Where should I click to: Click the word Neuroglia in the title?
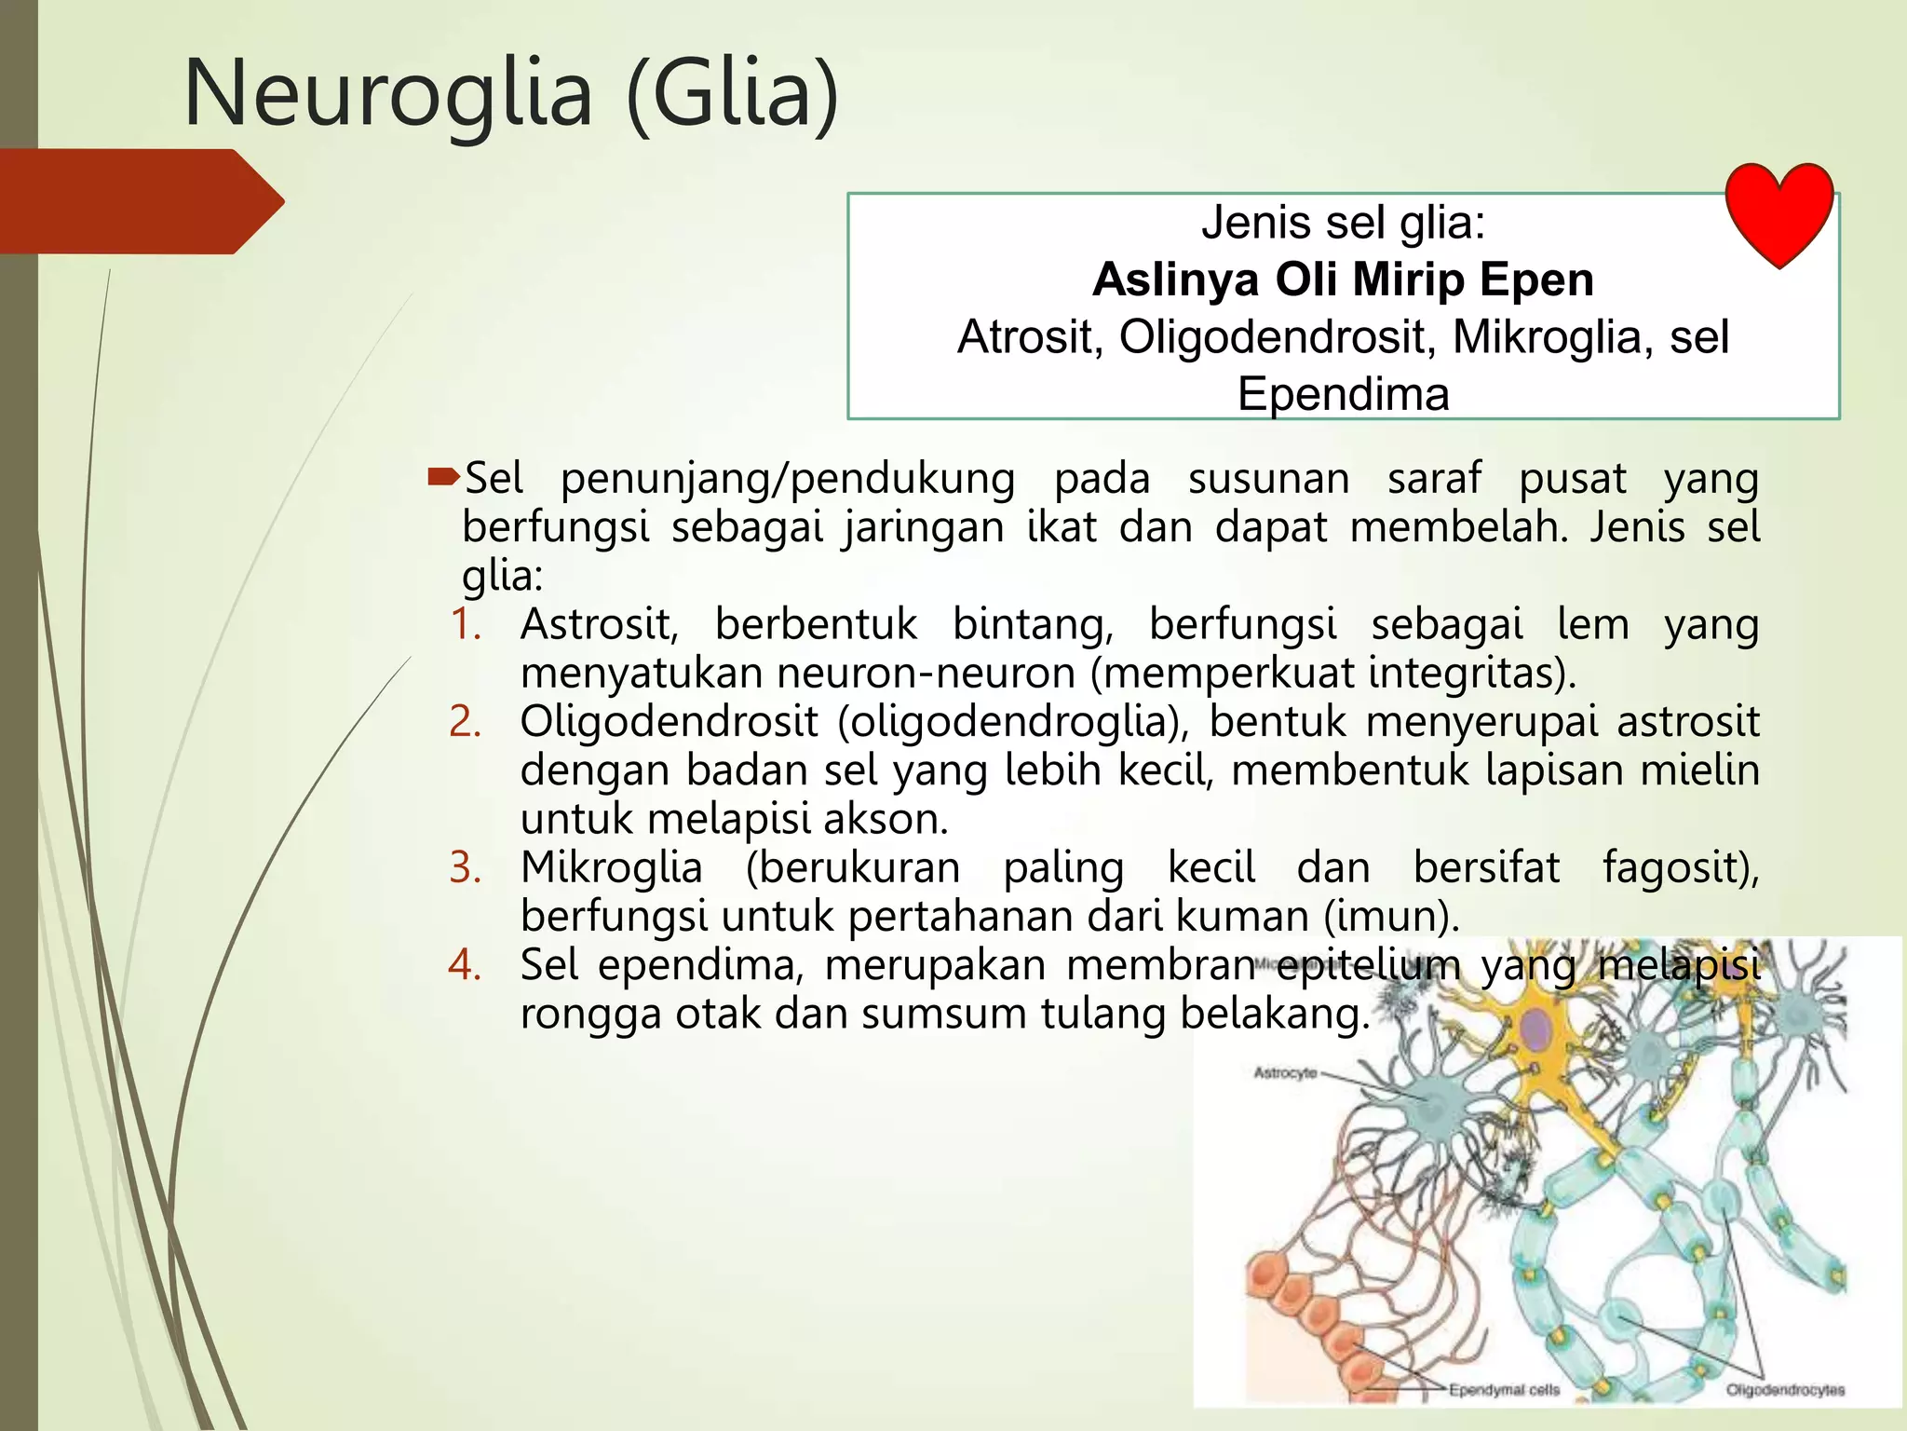point(388,94)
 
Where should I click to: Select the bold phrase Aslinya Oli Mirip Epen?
point(1343,279)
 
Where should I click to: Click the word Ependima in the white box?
point(1343,394)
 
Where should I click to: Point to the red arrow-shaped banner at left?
point(140,201)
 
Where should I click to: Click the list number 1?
point(466,623)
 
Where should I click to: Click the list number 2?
point(466,721)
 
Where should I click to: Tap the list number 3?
point(466,867)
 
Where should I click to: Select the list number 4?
point(466,964)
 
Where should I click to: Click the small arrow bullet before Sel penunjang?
point(443,478)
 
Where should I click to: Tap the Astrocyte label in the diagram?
point(1285,1073)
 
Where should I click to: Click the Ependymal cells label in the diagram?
point(1504,1390)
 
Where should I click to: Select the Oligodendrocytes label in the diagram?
point(1785,1390)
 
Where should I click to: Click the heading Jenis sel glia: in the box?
point(1343,223)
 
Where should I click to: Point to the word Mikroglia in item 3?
point(611,867)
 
